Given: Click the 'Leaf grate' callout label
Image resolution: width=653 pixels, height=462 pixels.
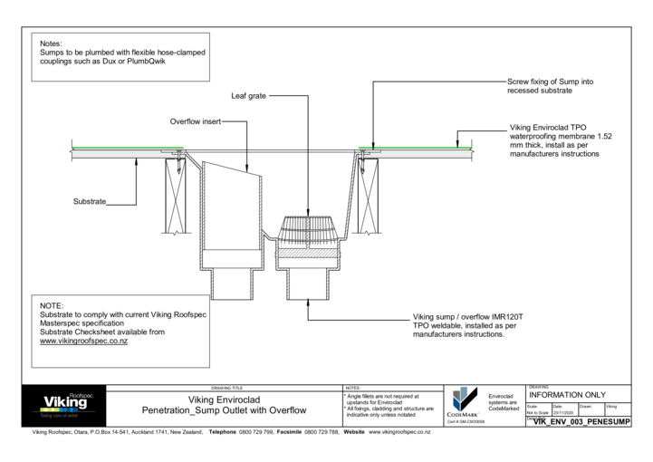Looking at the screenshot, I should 248,95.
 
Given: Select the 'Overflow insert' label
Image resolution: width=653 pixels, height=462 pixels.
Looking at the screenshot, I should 196,120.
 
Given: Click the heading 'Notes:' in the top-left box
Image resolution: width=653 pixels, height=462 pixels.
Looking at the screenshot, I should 52,43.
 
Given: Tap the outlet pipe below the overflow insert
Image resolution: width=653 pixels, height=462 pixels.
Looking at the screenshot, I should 230,284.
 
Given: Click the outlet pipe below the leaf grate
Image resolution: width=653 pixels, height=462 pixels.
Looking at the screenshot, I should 310,284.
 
